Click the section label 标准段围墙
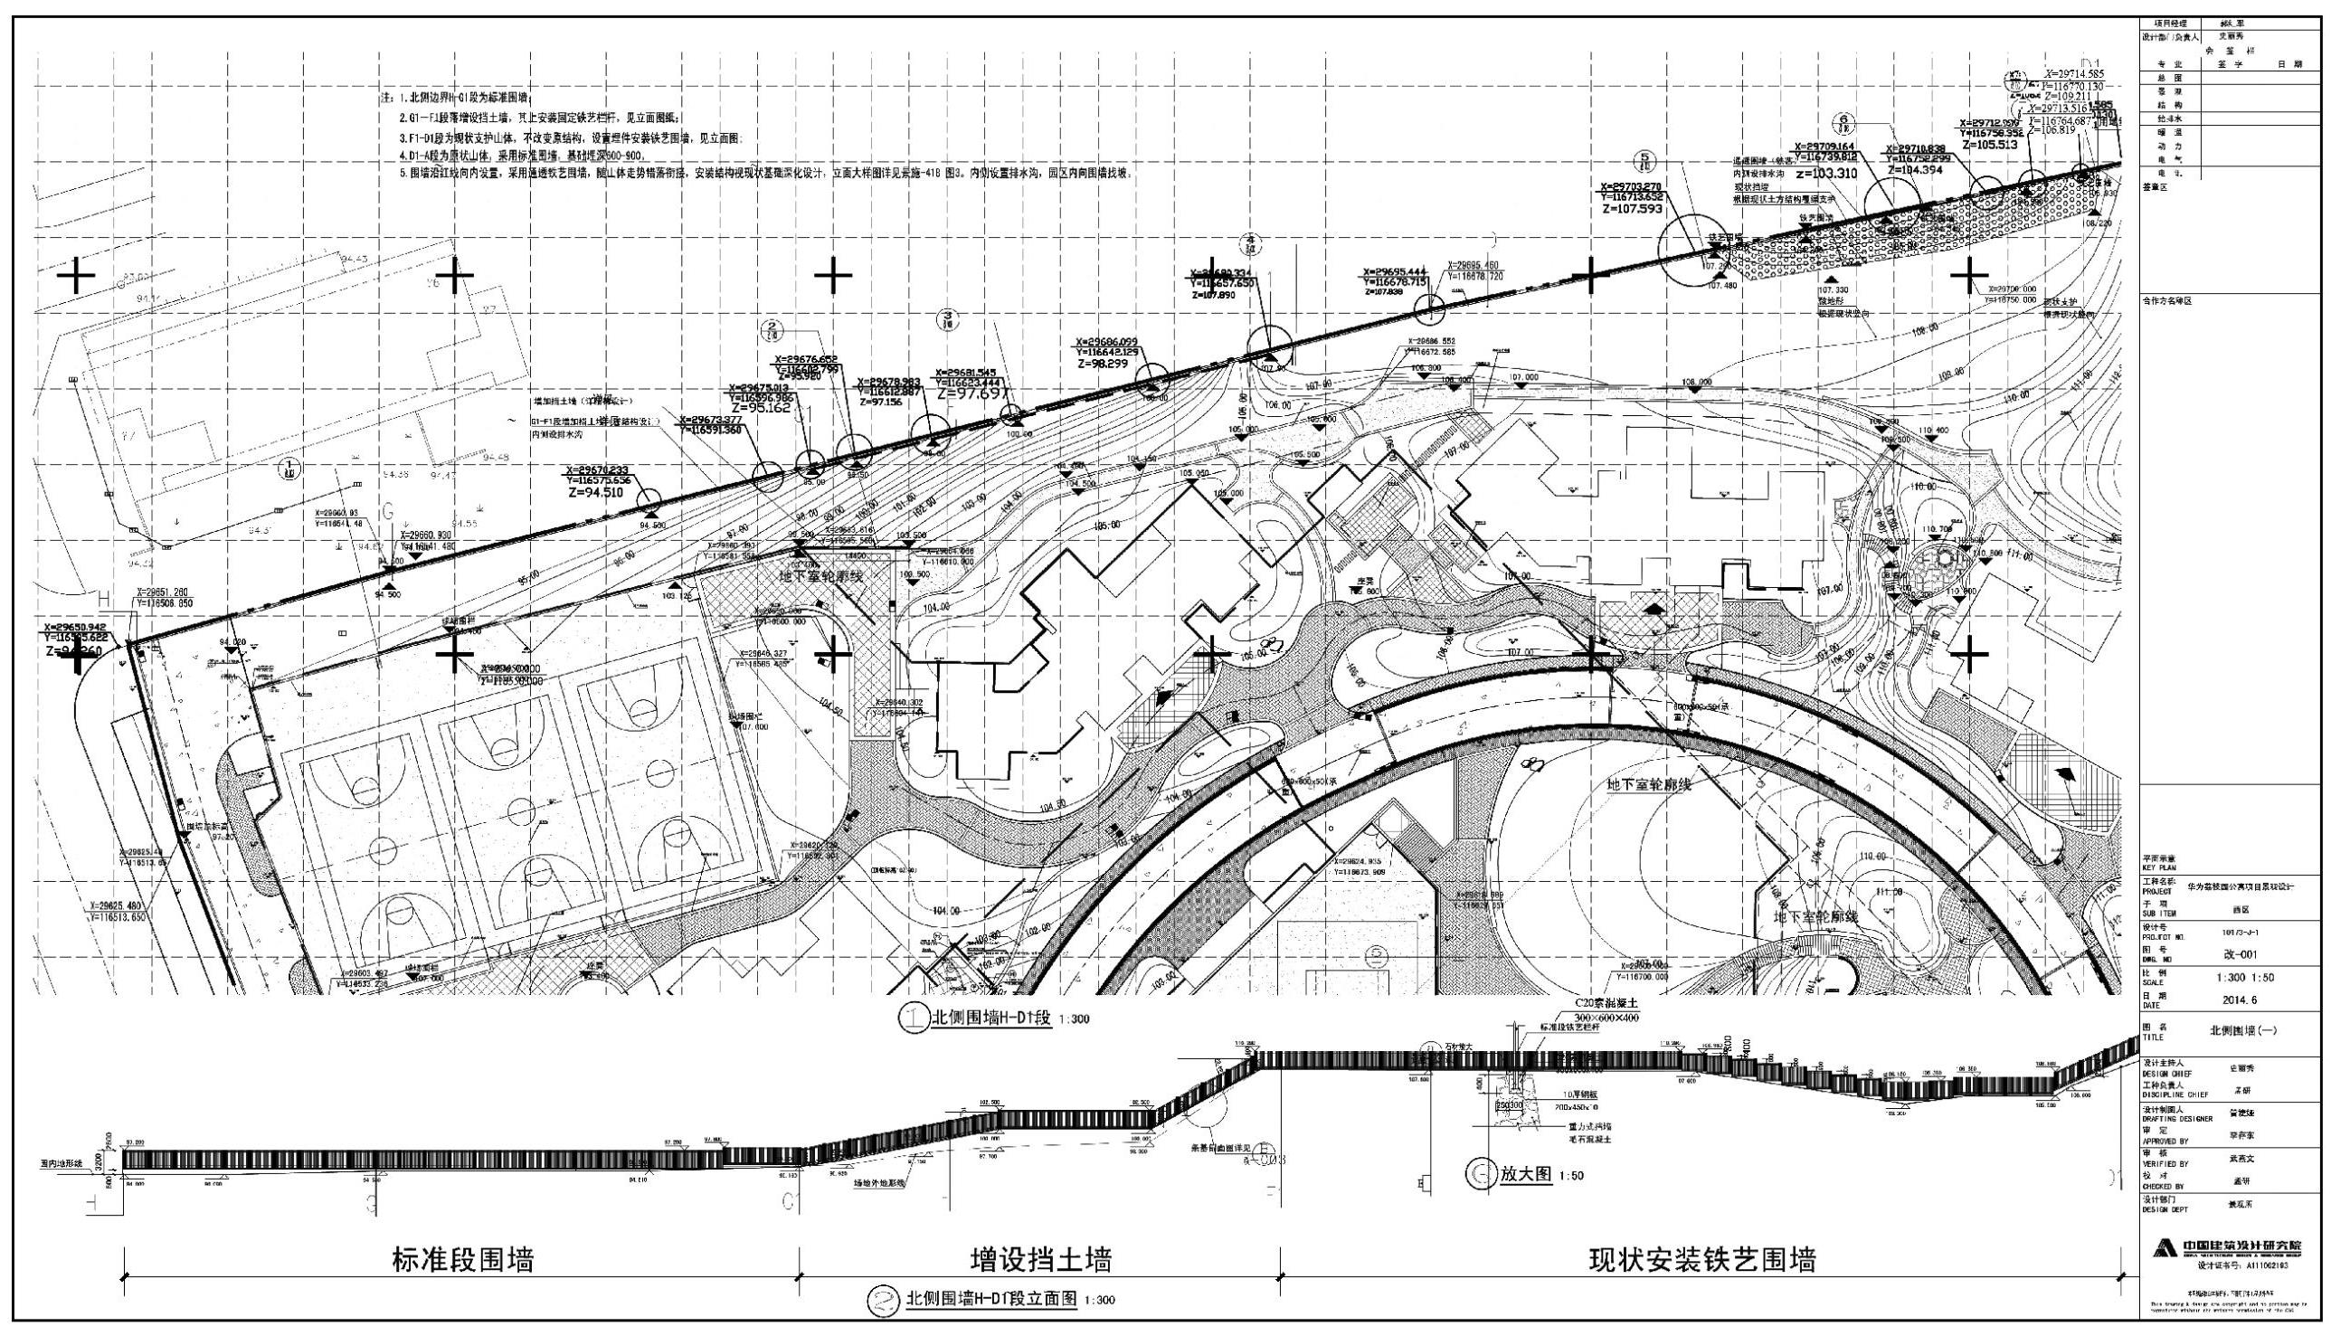click(x=463, y=1260)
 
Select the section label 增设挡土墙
click(x=1041, y=1260)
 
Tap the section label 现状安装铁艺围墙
click(x=1702, y=1260)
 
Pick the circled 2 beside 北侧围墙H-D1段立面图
click(x=882, y=1299)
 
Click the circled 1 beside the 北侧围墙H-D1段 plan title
click(x=913, y=1020)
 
